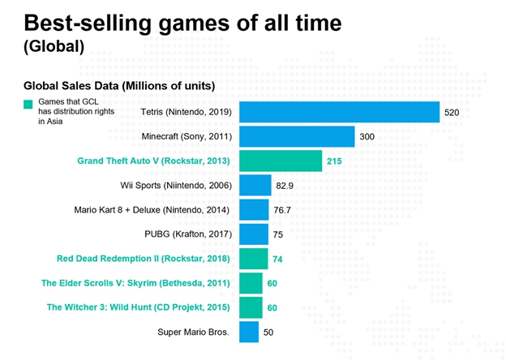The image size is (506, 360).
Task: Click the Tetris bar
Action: click(x=339, y=112)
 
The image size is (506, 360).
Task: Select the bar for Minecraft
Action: click(x=297, y=136)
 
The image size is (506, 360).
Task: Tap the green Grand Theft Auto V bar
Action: click(x=281, y=161)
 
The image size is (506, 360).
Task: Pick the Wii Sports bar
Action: click(x=255, y=185)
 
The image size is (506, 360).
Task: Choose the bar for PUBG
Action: click(x=254, y=234)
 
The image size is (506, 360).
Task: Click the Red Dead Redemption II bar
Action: click(x=253, y=259)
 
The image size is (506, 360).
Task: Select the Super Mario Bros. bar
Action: click(x=249, y=332)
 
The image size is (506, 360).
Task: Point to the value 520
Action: click(x=452, y=113)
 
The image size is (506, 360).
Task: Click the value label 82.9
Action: click(x=285, y=186)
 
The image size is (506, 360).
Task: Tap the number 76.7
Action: click(x=282, y=210)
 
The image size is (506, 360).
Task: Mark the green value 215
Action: click(x=334, y=161)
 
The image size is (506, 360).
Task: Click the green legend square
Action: click(x=28, y=105)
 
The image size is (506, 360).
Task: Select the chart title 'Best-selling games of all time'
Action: click(x=182, y=23)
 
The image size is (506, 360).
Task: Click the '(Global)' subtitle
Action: click(x=54, y=46)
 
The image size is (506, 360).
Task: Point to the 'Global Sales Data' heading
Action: click(x=119, y=86)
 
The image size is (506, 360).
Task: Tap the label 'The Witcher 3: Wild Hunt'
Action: click(x=138, y=307)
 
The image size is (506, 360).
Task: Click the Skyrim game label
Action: click(x=135, y=283)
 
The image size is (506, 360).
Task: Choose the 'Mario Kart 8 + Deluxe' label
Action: click(x=152, y=210)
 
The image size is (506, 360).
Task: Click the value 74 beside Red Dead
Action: click(x=277, y=259)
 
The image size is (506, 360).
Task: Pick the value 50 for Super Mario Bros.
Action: click(x=268, y=332)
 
